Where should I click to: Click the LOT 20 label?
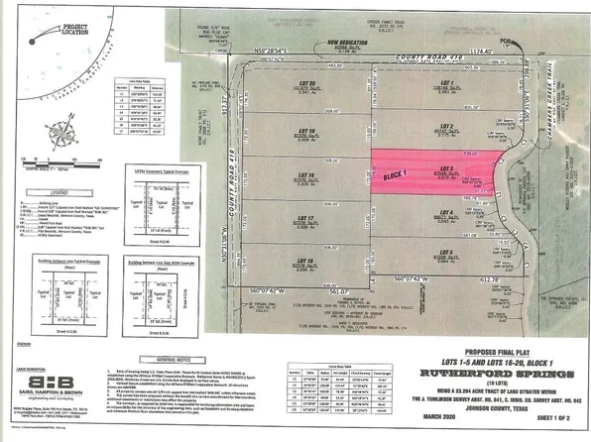[306, 82]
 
